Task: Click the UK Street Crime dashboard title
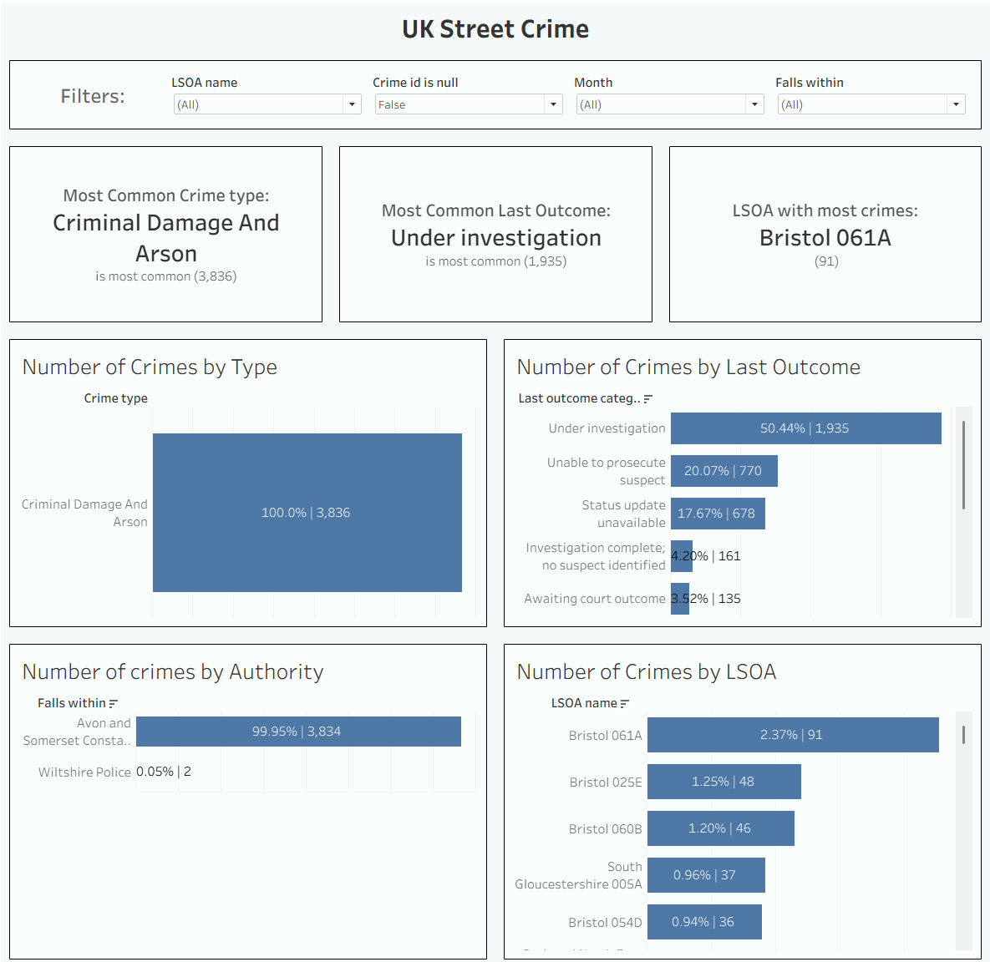(x=495, y=29)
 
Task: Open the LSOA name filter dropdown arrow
(x=352, y=104)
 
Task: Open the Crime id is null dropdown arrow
(x=552, y=104)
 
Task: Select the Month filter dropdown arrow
(x=754, y=104)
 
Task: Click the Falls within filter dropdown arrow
(x=956, y=104)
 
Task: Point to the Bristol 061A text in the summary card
(x=825, y=238)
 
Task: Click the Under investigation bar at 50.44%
(x=805, y=428)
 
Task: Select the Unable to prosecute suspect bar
(x=723, y=471)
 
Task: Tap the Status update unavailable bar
(x=717, y=514)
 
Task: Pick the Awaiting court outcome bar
(x=679, y=599)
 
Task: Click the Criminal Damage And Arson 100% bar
(x=307, y=512)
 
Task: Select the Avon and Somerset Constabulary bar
(x=298, y=732)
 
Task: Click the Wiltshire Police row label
(x=84, y=772)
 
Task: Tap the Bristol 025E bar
(x=723, y=782)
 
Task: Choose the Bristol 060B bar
(x=720, y=828)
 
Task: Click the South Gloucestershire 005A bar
(x=706, y=875)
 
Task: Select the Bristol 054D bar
(x=704, y=922)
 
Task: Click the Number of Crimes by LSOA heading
(x=646, y=672)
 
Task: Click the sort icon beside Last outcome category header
(x=648, y=399)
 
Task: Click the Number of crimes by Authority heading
(x=173, y=672)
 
